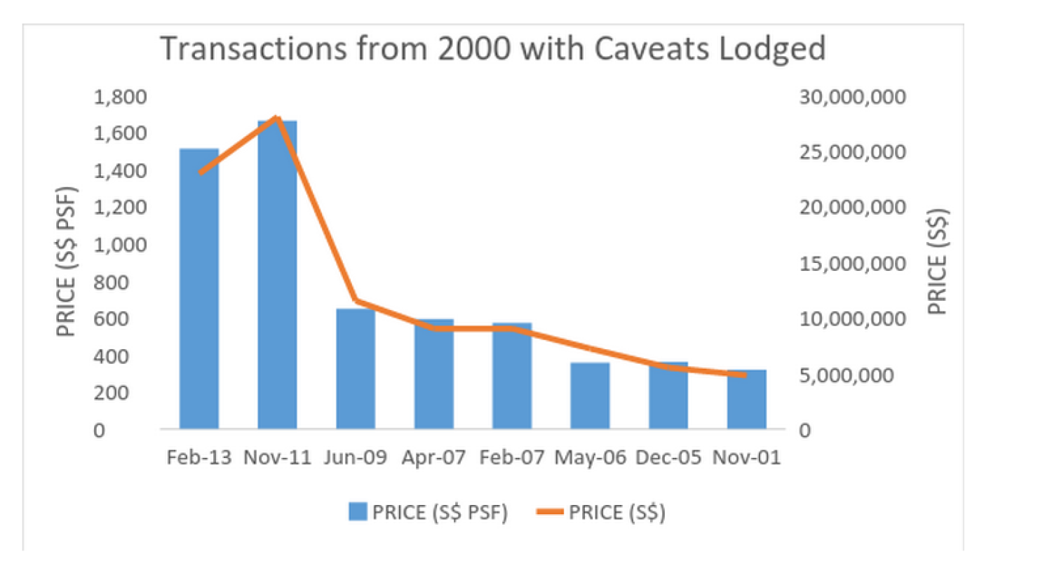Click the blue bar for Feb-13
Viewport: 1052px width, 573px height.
(199, 288)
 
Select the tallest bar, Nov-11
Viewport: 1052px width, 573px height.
(277, 274)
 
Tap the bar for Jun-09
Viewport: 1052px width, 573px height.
(356, 368)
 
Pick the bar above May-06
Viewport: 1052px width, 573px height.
(590, 396)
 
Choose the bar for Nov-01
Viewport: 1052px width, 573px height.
(746, 399)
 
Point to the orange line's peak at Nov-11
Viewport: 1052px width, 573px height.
(277, 117)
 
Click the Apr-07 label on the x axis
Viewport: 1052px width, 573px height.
(433, 457)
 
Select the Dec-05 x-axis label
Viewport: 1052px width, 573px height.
(668, 457)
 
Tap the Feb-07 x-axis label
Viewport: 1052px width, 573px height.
(511, 457)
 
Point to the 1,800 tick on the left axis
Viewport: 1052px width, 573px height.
(120, 97)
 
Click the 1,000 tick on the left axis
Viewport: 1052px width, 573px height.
(120, 245)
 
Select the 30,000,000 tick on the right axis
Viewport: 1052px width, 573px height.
(852, 97)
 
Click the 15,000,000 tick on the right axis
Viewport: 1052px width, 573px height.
(852, 264)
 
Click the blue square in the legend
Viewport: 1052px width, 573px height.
(358, 512)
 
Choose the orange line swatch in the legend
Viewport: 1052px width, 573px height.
(550, 512)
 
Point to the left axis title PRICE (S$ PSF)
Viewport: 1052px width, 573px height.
(66, 262)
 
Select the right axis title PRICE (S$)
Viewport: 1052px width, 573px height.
(937, 262)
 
